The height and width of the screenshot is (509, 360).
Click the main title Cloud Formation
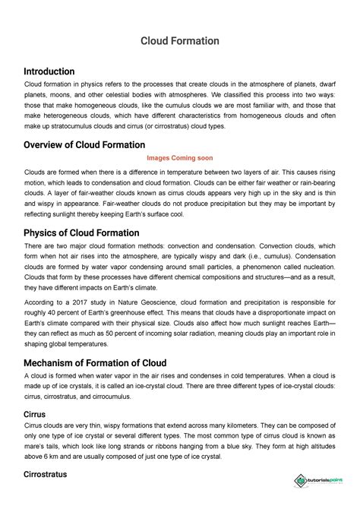click(x=179, y=40)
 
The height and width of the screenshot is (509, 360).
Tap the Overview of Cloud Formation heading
click(x=84, y=144)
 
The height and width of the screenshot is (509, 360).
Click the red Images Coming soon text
click(x=179, y=158)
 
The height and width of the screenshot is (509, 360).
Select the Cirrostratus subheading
click(x=46, y=474)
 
